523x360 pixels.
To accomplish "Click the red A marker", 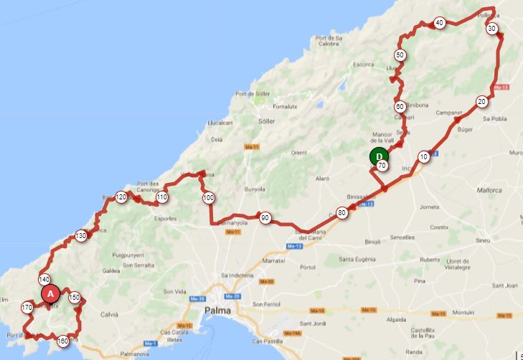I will tap(50, 293).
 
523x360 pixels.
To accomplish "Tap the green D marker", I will tap(378, 156).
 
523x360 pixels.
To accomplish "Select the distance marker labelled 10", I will tap(424, 156).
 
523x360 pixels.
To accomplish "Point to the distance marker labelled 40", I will tap(439, 23).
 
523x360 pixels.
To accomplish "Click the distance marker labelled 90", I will tap(265, 218).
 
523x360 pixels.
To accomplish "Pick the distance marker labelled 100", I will tap(208, 198).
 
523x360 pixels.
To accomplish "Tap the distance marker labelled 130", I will tap(81, 235).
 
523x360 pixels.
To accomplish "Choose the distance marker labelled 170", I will tap(27, 308).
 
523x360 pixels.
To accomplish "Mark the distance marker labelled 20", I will tap(481, 101).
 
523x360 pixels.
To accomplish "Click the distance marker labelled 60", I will tap(400, 106).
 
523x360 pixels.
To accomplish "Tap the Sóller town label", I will tap(266, 120).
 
